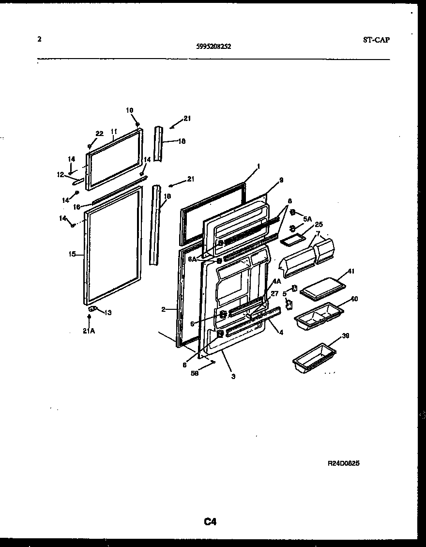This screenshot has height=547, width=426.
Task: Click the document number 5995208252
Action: pos(213,47)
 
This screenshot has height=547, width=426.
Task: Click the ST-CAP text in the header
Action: pos(376,40)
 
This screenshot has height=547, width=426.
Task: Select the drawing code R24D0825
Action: pos(343,463)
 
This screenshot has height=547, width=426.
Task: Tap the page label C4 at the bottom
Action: pos(210,521)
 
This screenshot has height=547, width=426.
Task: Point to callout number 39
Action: pos(345,335)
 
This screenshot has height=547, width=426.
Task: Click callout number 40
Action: pos(354,299)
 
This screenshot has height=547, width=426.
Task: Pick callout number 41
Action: pos(350,271)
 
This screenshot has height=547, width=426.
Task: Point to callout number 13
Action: pos(107,312)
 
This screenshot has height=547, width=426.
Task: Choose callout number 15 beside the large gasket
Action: pos(72,254)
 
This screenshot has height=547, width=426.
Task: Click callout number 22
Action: pos(99,134)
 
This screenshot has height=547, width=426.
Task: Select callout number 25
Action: pos(319,224)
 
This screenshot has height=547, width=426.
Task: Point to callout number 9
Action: pos(281,180)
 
